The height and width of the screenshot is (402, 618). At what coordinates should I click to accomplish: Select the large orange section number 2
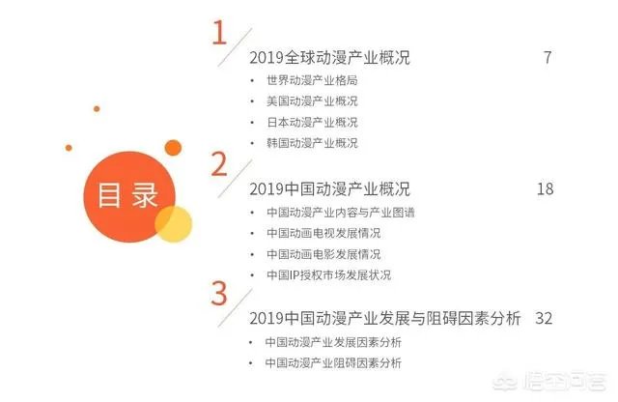tap(219, 164)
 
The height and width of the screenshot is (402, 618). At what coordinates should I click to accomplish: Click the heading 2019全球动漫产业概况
tap(329, 58)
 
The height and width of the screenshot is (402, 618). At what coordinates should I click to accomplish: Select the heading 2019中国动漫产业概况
tap(329, 188)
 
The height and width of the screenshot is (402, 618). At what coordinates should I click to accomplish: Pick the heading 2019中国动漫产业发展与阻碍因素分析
tap(384, 318)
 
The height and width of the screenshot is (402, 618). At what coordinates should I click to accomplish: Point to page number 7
tap(548, 58)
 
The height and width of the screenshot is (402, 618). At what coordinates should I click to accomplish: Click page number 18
tap(544, 188)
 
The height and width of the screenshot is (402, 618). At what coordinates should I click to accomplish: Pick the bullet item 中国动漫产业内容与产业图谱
tap(332, 212)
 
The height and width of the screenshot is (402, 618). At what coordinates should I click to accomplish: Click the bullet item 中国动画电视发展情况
tap(323, 233)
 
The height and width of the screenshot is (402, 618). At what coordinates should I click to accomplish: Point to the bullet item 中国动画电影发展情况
tap(323, 254)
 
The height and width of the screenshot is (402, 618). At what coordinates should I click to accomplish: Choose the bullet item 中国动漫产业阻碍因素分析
tap(332, 363)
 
